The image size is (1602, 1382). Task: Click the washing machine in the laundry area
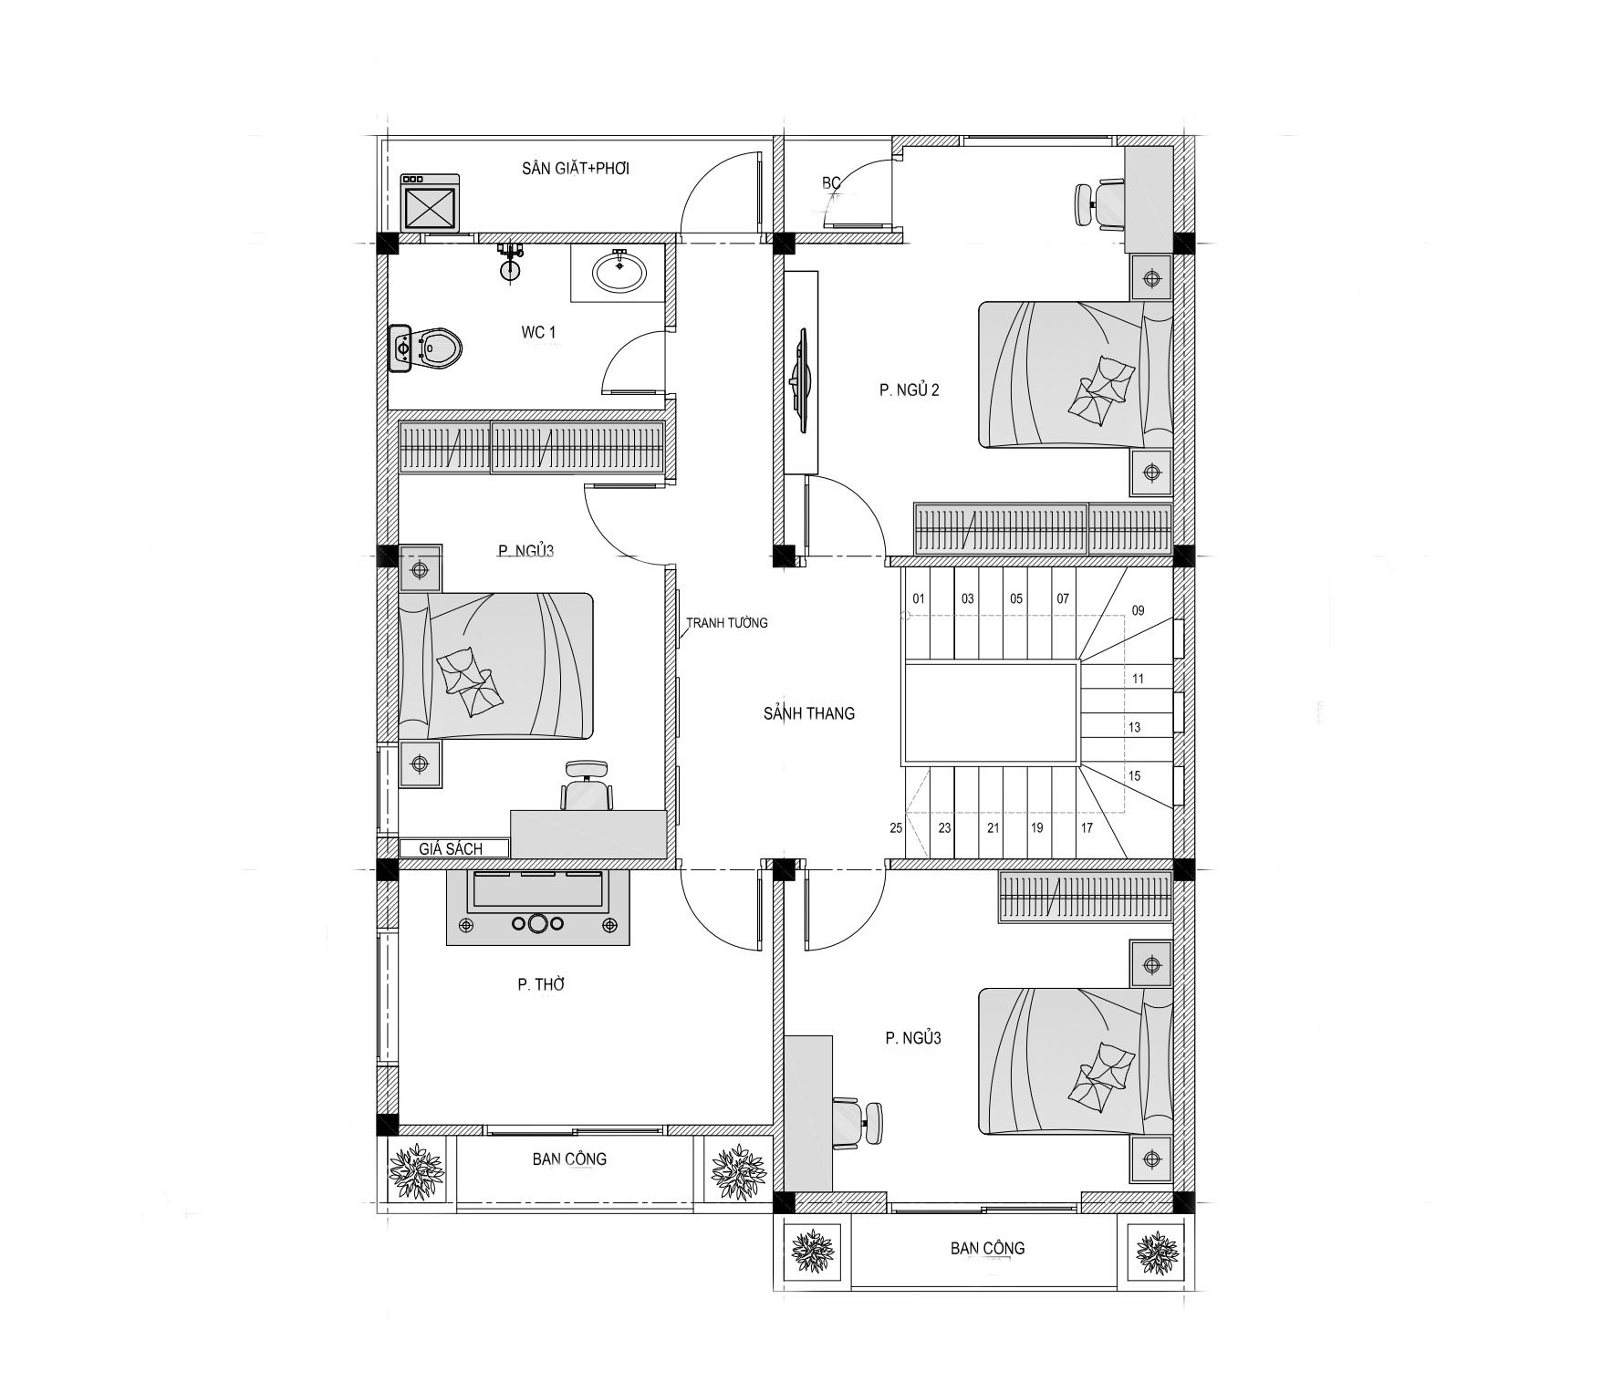tap(431, 203)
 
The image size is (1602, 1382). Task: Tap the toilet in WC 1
tap(425, 348)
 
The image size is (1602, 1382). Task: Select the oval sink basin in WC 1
tap(619, 271)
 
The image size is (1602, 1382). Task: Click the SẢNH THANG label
tap(809, 713)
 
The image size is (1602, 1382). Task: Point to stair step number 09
tap(1138, 611)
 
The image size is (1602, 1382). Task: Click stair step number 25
tap(896, 828)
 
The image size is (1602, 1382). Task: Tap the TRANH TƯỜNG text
tap(727, 623)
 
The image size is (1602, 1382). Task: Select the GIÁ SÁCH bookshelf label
tap(451, 849)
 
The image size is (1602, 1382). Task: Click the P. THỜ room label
tap(542, 984)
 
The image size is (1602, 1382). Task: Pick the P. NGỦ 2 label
tap(910, 390)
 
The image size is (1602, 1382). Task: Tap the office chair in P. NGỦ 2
tap(1097, 204)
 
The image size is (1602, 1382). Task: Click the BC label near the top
tap(831, 183)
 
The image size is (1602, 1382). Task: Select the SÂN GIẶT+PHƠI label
tap(576, 169)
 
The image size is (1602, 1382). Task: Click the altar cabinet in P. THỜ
tap(537, 908)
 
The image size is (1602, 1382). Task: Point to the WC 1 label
tap(538, 332)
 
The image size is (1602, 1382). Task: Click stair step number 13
tap(1135, 728)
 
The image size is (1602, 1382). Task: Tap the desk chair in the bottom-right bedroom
tap(858, 1123)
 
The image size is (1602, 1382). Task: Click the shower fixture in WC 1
tap(510, 260)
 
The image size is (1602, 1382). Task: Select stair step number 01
tap(919, 599)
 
